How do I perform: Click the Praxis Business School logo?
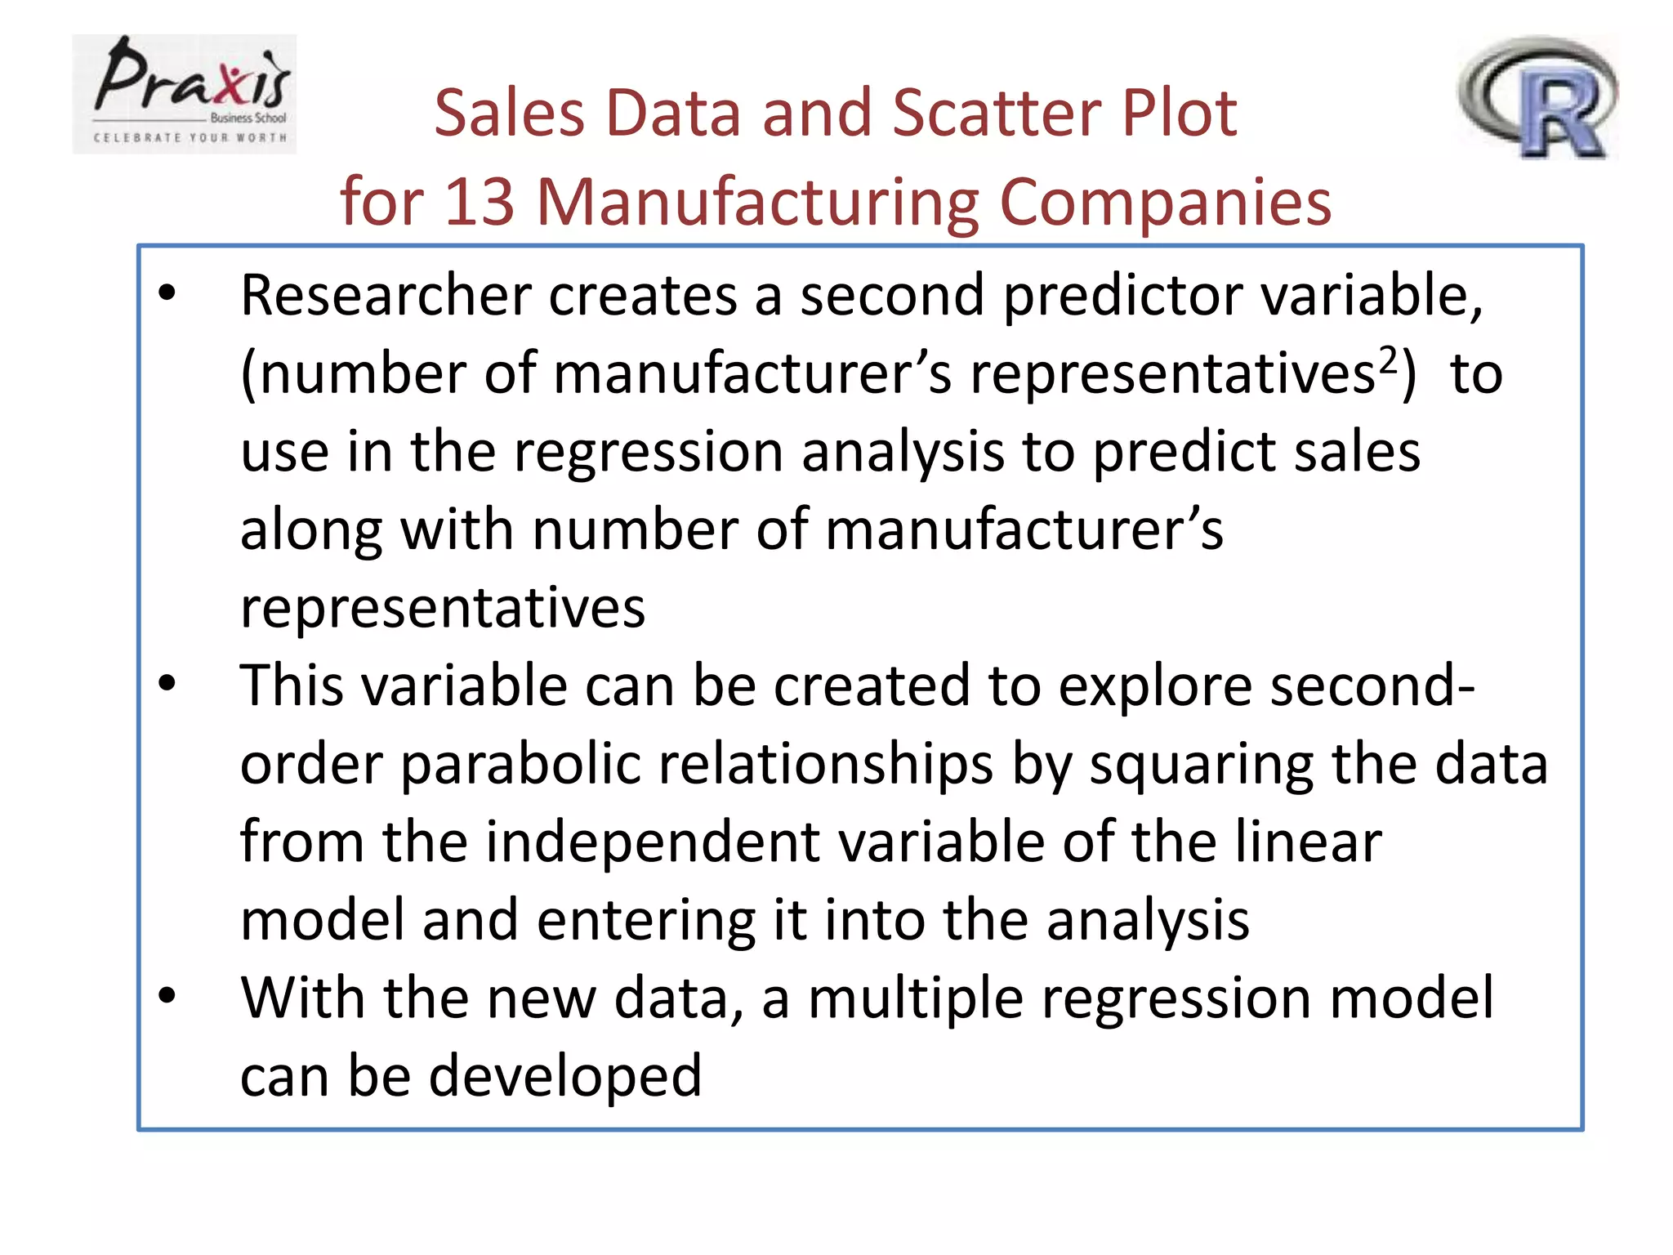185,94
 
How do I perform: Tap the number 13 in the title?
480,201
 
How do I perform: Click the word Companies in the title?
1166,201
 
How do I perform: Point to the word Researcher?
386,295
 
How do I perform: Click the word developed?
565,1076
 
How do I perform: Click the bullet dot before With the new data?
167,996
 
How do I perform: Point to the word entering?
646,921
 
